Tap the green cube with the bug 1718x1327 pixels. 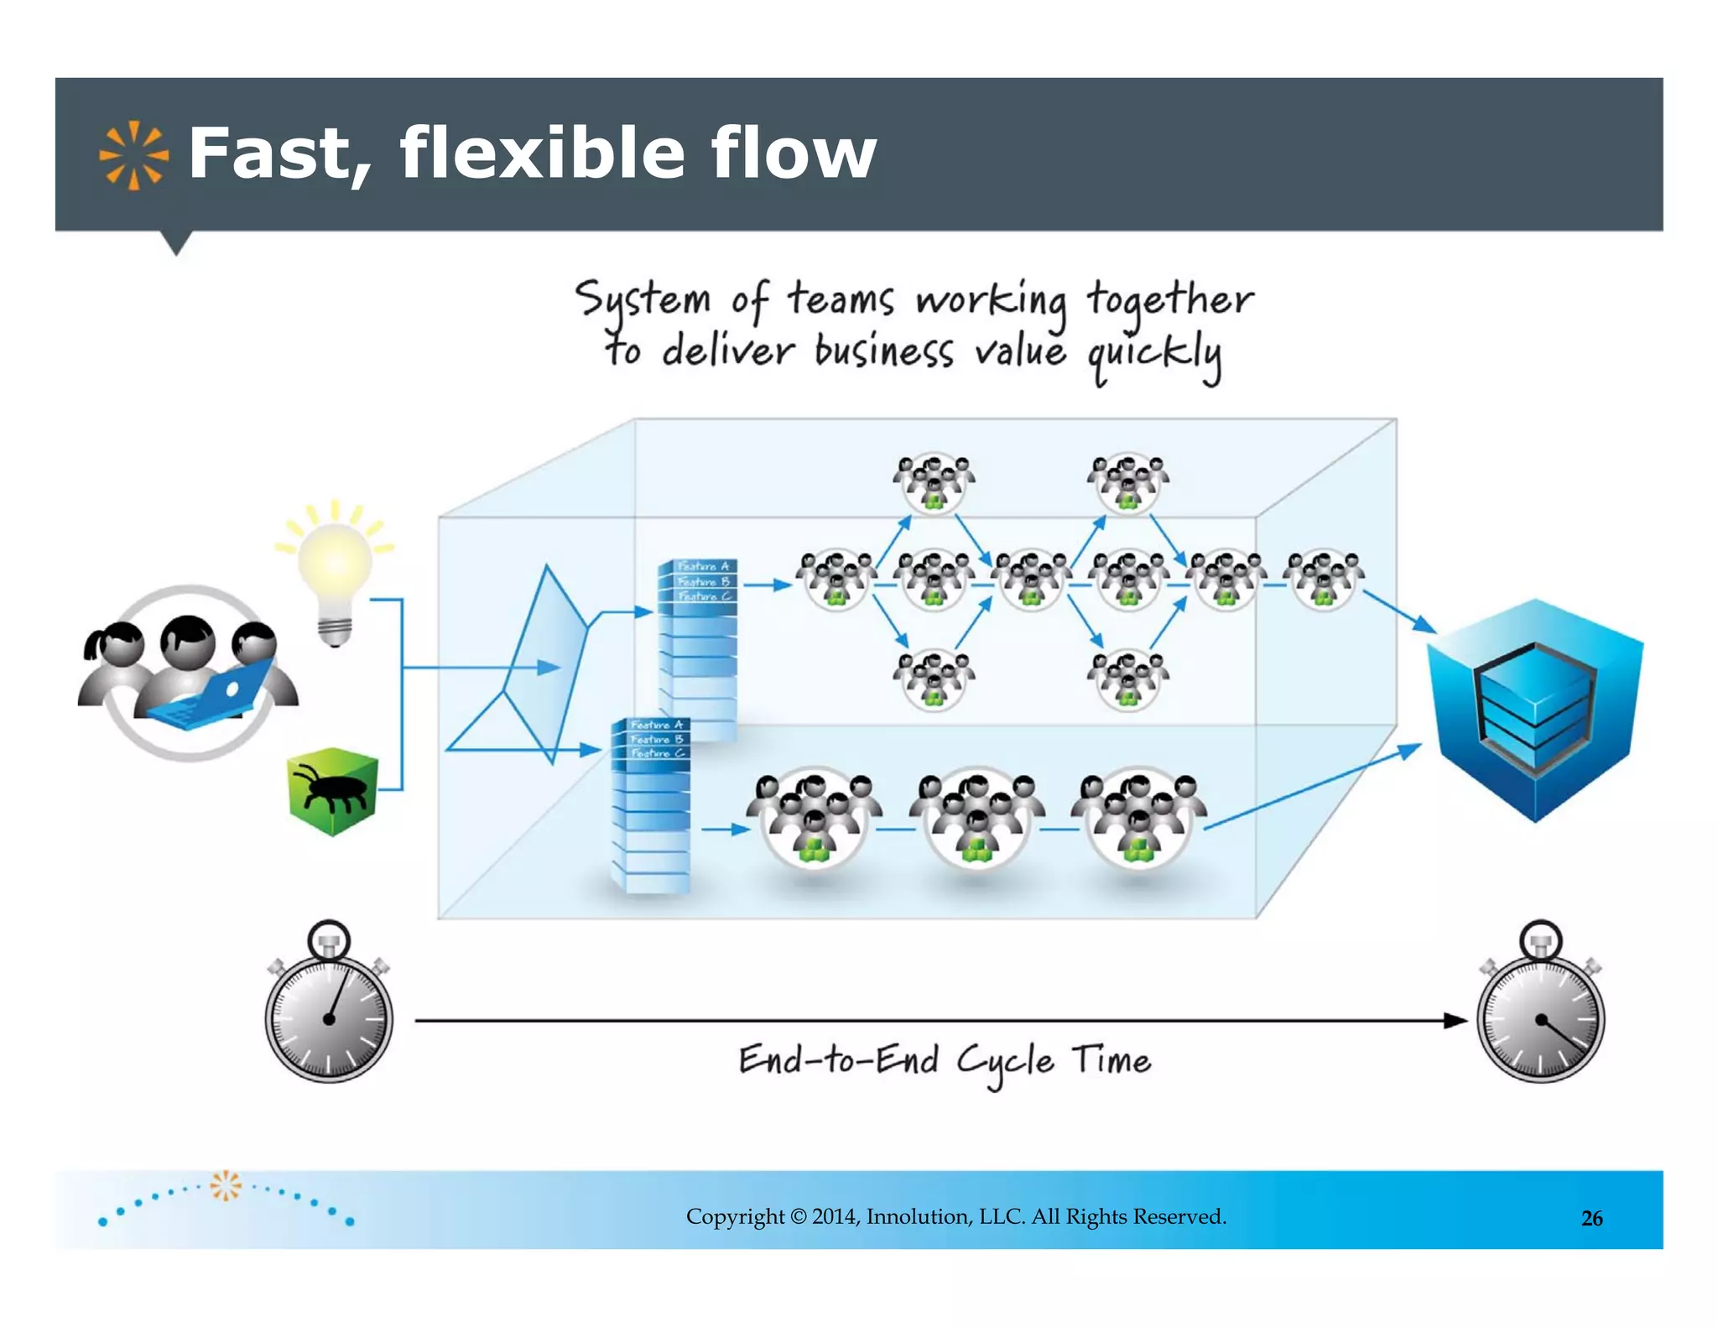tap(333, 791)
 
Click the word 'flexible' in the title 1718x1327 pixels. tap(542, 153)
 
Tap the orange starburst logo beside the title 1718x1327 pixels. tap(133, 155)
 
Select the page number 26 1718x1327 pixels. tap(1591, 1218)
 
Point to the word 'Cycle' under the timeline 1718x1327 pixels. tap(1005, 1063)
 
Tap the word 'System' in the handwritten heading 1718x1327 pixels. tap(643, 300)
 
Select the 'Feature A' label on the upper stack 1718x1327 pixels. tap(703, 566)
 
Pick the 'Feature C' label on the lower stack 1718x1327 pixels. tap(657, 753)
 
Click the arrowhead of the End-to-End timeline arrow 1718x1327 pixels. tap(1456, 1021)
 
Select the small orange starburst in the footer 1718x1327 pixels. tap(225, 1185)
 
